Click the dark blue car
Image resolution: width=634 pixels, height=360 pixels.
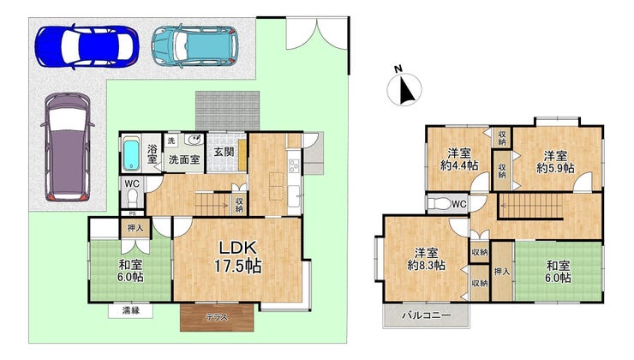(x=87, y=46)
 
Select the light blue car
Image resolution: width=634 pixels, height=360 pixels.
(x=194, y=45)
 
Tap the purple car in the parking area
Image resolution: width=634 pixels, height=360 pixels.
(x=67, y=147)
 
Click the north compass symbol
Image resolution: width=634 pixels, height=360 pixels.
(x=404, y=87)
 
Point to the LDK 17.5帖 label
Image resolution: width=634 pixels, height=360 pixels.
(x=237, y=257)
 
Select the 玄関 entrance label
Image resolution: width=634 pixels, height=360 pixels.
(x=224, y=152)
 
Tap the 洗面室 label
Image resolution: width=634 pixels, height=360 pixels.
(x=184, y=159)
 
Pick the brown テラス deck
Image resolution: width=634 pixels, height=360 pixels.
(x=217, y=317)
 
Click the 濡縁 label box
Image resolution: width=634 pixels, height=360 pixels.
(x=130, y=310)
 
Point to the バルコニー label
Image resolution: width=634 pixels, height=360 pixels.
(x=426, y=315)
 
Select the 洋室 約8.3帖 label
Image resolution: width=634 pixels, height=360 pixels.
(x=426, y=259)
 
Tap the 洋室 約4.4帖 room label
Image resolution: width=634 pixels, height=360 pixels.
(x=459, y=159)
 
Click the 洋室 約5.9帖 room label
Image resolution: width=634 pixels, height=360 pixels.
(x=555, y=162)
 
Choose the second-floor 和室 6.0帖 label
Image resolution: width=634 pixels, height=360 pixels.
(x=559, y=272)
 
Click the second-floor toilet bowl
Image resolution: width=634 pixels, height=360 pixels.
(x=439, y=204)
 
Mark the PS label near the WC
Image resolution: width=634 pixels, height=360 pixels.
(x=132, y=213)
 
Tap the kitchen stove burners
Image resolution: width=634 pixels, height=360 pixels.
(x=294, y=165)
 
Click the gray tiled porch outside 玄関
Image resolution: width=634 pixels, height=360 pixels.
(x=227, y=111)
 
